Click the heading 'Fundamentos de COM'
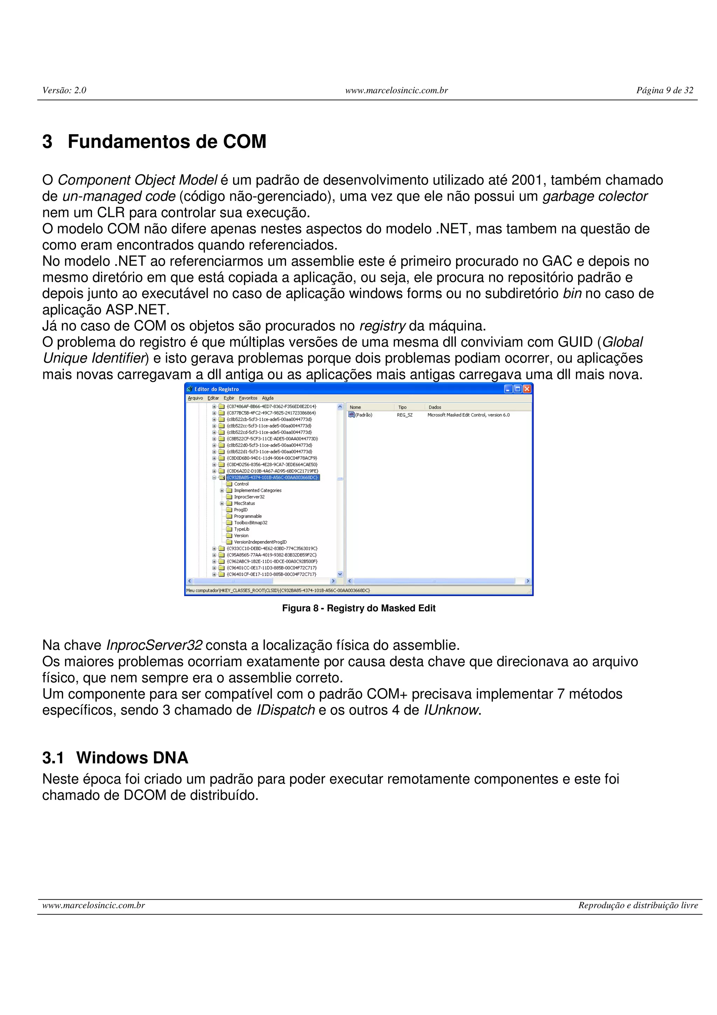tap(167, 142)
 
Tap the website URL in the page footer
tap(94, 905)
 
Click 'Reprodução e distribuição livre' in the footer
tap(638, 905)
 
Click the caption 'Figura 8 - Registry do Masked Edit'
tap(359, 608)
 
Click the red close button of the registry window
tap(527, 389)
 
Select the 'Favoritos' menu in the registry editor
tap(248, 398)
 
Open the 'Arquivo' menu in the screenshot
tap(195, 398)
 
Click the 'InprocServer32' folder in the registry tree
tap(249, 497)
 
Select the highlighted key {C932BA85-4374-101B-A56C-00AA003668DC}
tap(273, 477)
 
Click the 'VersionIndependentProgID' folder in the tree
tap(260, 542)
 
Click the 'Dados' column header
tap(435, 407)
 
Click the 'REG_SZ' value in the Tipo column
tap(405, 415)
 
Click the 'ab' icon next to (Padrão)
tap(351, 415)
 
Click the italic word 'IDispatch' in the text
tap(285, 710)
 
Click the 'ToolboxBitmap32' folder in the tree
tap(250, 523)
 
